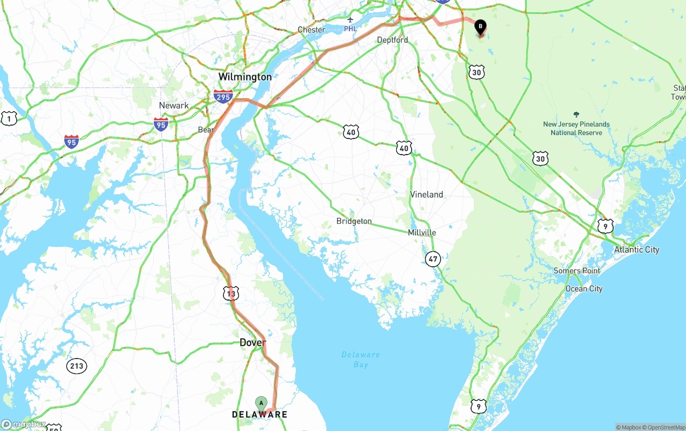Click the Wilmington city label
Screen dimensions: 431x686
click(x=244, y=77)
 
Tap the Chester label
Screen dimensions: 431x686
click(x=311, y=30)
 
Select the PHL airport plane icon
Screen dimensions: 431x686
click(x=350, y=20)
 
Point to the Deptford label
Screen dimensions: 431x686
click(x=392, y=40)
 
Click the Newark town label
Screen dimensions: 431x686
click(x=174, y=105)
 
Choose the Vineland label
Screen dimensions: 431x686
click(x=427, y=194)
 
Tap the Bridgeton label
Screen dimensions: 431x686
click(x=354, y=221)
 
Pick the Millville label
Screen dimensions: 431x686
click(x=422, y=232)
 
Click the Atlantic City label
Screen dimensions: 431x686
click(x=637, y=250)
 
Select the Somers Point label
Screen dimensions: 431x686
click(x=577, y=271)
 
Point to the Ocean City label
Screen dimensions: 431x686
click(x=584, y=289)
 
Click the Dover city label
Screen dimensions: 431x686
click(x=252, y=342)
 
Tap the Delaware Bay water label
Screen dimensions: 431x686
click(x=361, y=360)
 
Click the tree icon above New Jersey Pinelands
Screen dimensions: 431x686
click(x=576, y=114)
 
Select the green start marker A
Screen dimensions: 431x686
click(x=261, y=403)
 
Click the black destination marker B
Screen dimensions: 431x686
click(x=480, y=26)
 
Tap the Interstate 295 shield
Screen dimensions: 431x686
click(x=223, y=97)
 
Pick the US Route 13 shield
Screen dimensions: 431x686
click(x=231, y=294)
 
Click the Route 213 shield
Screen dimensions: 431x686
click(x=77, y=367)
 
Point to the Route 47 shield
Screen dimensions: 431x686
click(x=433, y=259)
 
